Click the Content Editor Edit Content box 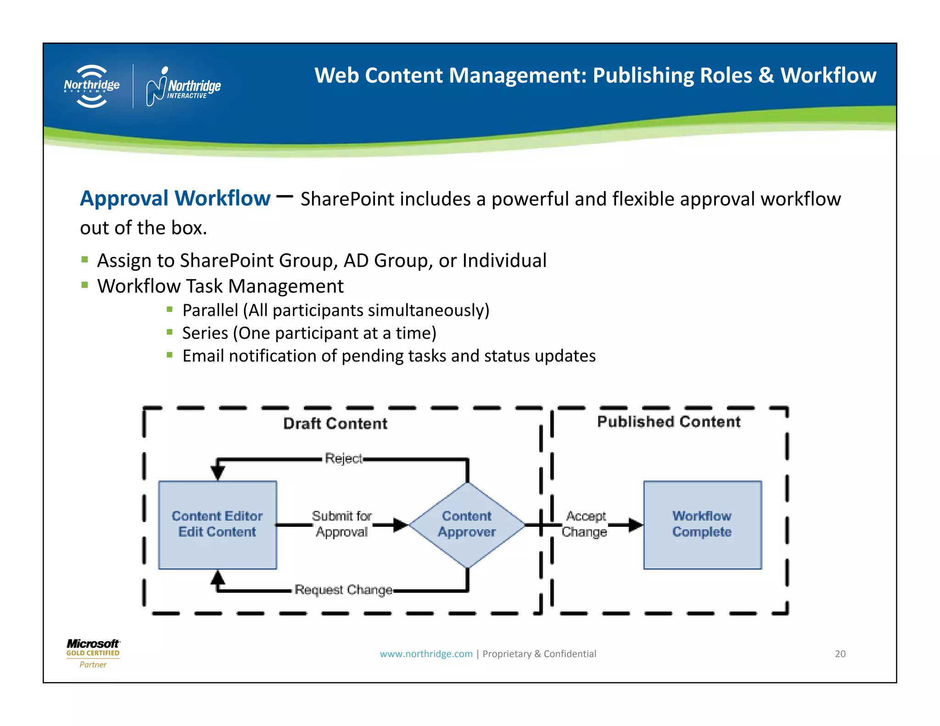click(217, 525)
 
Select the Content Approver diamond click(467, 525)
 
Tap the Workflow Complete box click(702, 525)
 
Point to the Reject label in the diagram click(343, 458)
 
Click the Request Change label click(343, 590)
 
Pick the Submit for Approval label click(342, 524)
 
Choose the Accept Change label click(585, 524)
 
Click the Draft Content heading click(335, 423)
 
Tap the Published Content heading click(669, 422)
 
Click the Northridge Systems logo click(92, 86)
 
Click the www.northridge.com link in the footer click(426, 654)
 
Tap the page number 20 click(840, 654)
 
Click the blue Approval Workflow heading click(175, 198)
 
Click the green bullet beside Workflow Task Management click(84, 285)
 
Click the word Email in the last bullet click(203, 356)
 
